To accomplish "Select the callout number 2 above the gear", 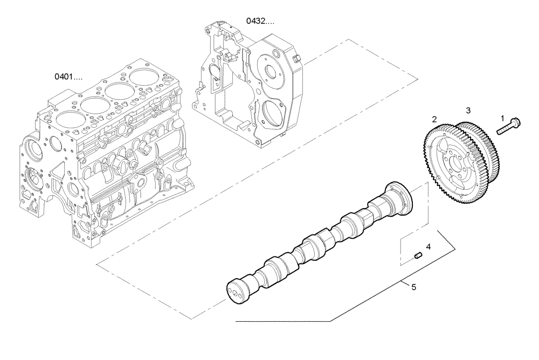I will [x=434, y=118].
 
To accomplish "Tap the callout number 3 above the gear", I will [x=468, y=110].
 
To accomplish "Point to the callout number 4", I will [x=429, y=247].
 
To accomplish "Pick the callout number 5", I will [x=413, y=287].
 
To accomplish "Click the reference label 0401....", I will [x=68, y=77].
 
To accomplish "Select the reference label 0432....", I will [x=260, y=21].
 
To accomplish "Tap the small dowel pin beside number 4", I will [x=417, y=255].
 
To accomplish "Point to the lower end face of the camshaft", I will [x=236, y=289].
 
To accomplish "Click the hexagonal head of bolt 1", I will [x=515, y=123].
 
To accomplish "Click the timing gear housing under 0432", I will [x=248, y=86].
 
